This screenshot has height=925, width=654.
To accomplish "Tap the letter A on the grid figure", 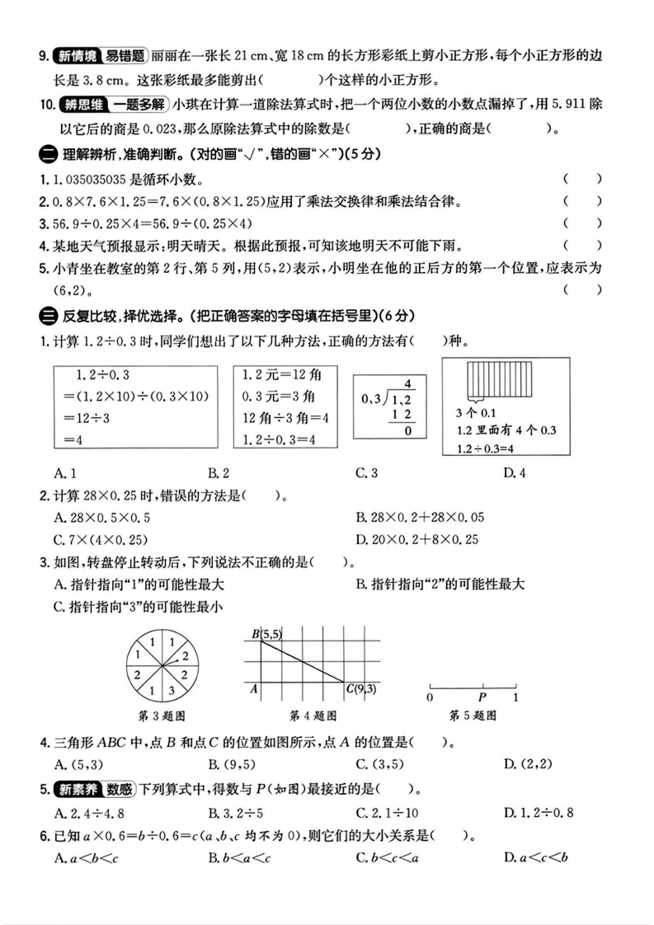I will click(x=255, y=688).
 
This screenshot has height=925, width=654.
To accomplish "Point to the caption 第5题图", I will click(x=473, y=716).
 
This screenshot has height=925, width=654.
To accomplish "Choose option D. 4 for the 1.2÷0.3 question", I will click(x=515, y=472).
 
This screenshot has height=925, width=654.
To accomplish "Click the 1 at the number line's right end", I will click(x=515, y=697).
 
